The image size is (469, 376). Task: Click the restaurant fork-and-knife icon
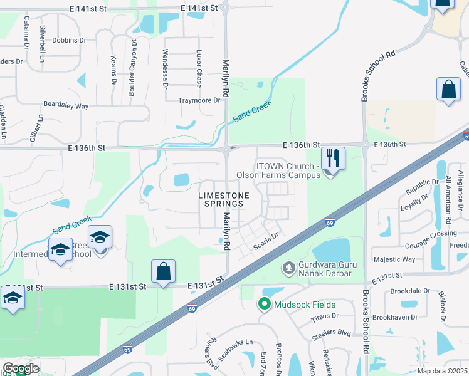click(332, 159)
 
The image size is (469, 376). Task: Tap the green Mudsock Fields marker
click(264, 305)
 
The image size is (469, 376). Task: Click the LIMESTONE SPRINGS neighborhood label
click(224, 200)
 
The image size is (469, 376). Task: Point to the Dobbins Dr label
click(69, 40)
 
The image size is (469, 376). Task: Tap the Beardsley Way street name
click(65, 105)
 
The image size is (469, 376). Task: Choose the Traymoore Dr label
click(199, 100)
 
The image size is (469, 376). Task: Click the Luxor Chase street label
click(199, 69)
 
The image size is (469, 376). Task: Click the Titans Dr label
click(325, 316)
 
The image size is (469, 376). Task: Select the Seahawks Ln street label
click(240, 342)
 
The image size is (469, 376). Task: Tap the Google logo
click(20, 368)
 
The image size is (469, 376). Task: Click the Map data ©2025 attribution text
click(442, 371)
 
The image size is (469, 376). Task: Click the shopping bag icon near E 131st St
click(163, 272)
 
